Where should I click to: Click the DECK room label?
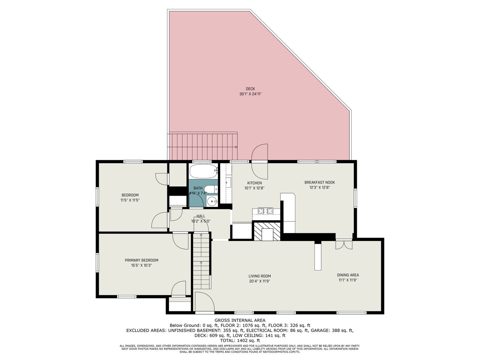click(250, 89)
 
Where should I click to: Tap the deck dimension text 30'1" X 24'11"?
click(250, 94)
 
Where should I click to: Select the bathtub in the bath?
click(203, 171)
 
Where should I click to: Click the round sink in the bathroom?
click(212, 201)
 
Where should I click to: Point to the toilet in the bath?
click(211, 189)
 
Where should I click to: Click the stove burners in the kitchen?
click(266, 211)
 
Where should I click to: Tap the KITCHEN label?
click(254, 183)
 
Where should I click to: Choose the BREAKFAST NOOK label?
click(319, 182)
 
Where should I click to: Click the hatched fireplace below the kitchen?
click(267, 231)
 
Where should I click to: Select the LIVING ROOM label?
click(260, 276)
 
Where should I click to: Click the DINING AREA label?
click(348, 275)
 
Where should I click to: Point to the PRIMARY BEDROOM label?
click(141, 260)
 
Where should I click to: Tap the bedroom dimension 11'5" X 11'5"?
click(130, 200)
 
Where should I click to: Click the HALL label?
click(201, 216)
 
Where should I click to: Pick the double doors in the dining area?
click(344, 245)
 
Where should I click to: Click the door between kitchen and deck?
click(260, 161)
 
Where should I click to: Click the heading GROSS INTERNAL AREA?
click(240, 320)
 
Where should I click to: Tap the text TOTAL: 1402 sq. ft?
click(240, 340)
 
